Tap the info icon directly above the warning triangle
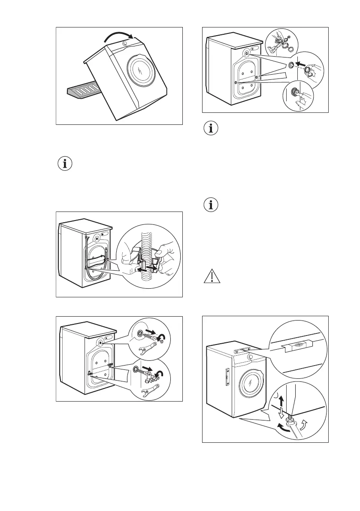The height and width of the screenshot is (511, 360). click(210, 206)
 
